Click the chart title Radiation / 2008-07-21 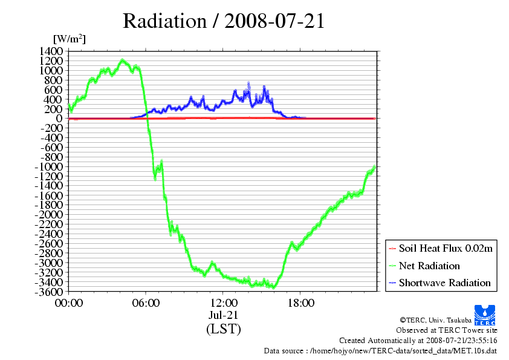pos(224,21)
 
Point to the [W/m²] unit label pos(70,39)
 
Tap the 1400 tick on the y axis pos(51,51)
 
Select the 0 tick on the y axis pos(59,119)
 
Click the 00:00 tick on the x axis pos(69,303)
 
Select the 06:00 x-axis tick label pos(146,303)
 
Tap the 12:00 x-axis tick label pos(223,303)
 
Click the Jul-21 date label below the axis pos(223,315)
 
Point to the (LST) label pos(224,329)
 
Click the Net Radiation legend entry pos(429,266)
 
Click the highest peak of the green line pos(122,60)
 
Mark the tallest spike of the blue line pos(248,83)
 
